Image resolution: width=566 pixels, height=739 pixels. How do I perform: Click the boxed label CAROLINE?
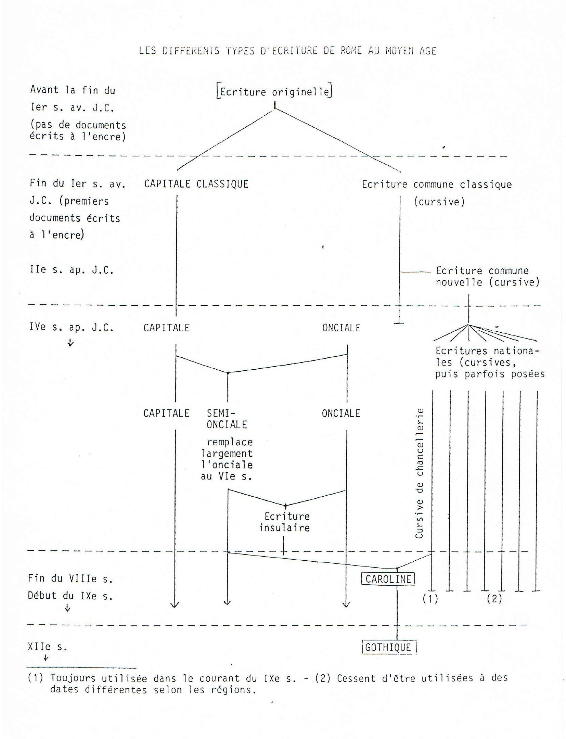point(388,579)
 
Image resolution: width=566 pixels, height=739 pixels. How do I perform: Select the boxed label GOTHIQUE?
point(388,648)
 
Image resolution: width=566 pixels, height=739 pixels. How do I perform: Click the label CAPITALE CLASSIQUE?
point(196,184)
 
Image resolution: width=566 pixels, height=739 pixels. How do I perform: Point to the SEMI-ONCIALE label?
point(226,419)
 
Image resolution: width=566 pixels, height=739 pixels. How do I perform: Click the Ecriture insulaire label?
point(285,522)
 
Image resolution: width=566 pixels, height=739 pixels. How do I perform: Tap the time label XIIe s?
point(47,647)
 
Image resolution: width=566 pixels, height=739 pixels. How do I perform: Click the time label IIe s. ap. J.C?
point(71,270)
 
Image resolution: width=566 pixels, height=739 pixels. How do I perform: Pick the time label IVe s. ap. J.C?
point(71,328)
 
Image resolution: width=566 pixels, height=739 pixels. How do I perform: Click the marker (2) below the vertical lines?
point(494,599)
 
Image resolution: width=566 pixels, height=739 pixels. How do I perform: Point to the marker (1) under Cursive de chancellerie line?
point(430,599)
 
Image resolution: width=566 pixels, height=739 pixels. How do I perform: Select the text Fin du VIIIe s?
point(70,578)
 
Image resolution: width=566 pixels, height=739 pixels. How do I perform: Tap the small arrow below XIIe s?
point(46,658)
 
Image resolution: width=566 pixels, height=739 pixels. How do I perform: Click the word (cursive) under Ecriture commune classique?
point(439,202)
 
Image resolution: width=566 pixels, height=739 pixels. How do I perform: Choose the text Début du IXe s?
point(70,596)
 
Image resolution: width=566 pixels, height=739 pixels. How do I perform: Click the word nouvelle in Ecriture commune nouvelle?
point(459,282)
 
